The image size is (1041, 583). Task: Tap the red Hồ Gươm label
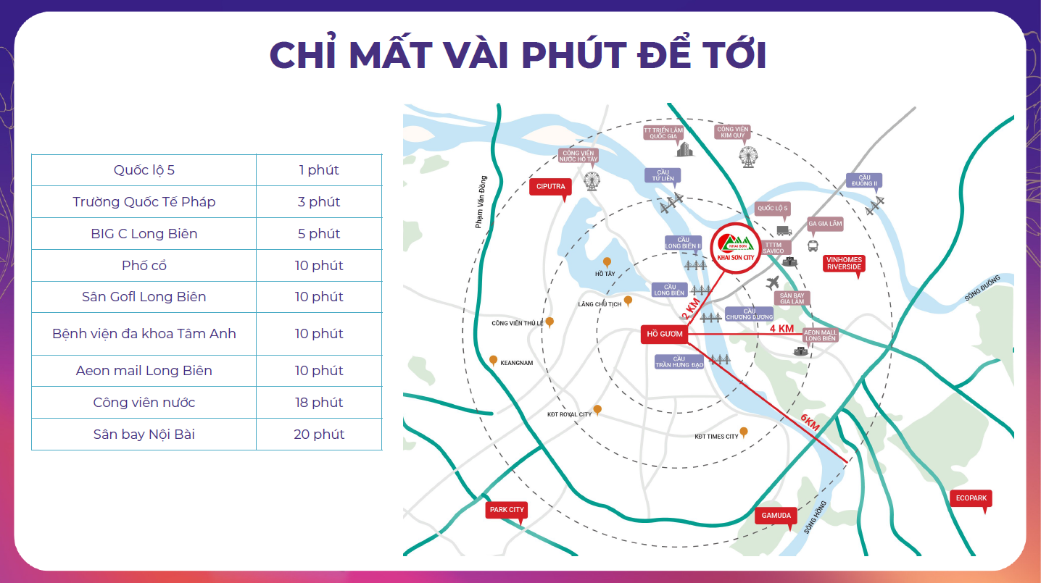click(662, 334)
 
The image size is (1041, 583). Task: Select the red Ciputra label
click(551, 187)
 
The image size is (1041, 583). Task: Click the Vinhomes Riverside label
click(844, 263)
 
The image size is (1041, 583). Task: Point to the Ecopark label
click(971, 498)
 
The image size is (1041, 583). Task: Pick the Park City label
click(507, 510)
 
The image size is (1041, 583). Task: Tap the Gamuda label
click(776, 516)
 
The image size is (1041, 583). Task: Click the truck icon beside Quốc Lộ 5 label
click(784, 230)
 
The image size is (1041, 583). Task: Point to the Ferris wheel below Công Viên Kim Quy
click(747, 156)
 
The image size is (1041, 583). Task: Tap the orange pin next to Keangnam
click(494, 360)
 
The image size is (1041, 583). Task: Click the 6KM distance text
click(810, 422)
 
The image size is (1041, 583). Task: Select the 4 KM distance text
click(781, 328)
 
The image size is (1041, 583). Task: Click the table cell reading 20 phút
click(319, 435)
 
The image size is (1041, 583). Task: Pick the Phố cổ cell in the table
click(144, 266)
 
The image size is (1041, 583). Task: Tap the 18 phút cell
click(319, 403)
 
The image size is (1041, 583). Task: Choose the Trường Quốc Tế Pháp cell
click(144, 202)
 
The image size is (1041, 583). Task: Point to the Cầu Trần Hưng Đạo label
click(679, 361)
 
